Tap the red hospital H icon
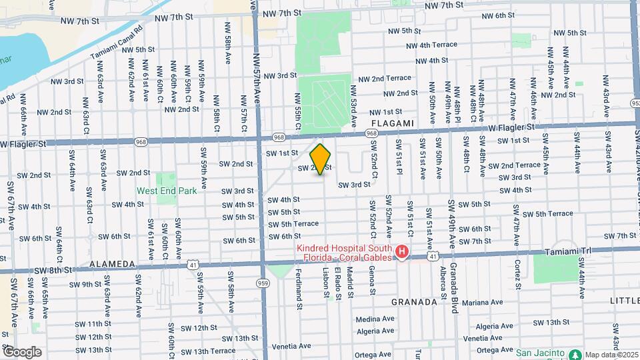(x=402, y=252)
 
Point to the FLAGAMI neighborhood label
(x=393, y=123)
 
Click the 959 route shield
(x=263, y=283)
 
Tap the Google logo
(x=22, y=351)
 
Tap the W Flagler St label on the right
(x=511, y=127)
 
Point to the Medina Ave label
(x=375, y=319)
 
